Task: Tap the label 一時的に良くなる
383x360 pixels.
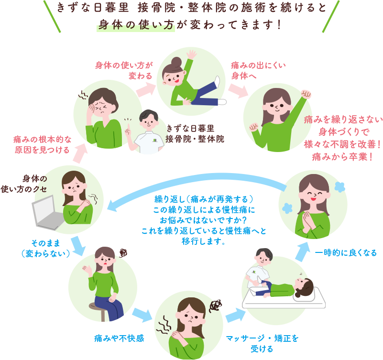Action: [346, 252]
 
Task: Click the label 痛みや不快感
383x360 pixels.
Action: [119, 338]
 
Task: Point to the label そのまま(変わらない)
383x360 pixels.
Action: [46, 248]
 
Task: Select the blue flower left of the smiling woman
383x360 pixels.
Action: [288, 208]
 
